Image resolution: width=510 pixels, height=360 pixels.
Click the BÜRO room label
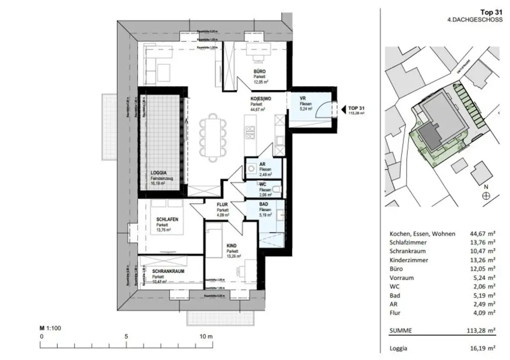click(259, 71)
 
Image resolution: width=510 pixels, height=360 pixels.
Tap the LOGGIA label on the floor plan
click(159, 173)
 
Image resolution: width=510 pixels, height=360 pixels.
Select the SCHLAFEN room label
click(167, 220)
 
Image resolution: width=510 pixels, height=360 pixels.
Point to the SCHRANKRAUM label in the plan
click(169, 272)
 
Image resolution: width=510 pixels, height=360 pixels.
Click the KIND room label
click(232, 246)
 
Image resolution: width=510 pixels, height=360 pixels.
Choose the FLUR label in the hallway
click(222, 205)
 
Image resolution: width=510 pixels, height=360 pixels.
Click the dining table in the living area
click(213, 137)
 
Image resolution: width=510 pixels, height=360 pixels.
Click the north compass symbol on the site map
click(486, 196)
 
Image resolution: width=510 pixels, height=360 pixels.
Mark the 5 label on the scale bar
click(126, 337)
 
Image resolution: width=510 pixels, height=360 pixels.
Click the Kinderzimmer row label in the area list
click(409, 260)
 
